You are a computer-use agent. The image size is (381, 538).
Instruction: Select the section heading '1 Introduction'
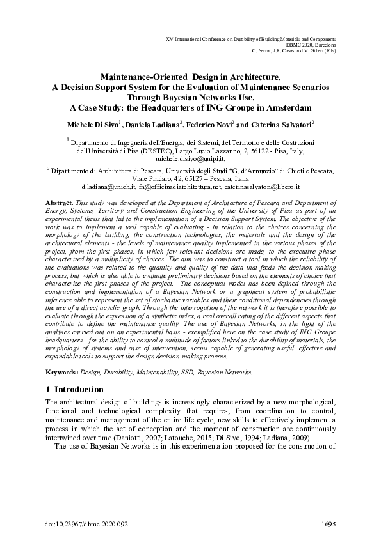tap(76, 389)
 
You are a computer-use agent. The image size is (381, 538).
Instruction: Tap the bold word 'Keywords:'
tap(63, 371)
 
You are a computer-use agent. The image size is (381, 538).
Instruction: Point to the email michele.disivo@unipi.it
tap(190, 157)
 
